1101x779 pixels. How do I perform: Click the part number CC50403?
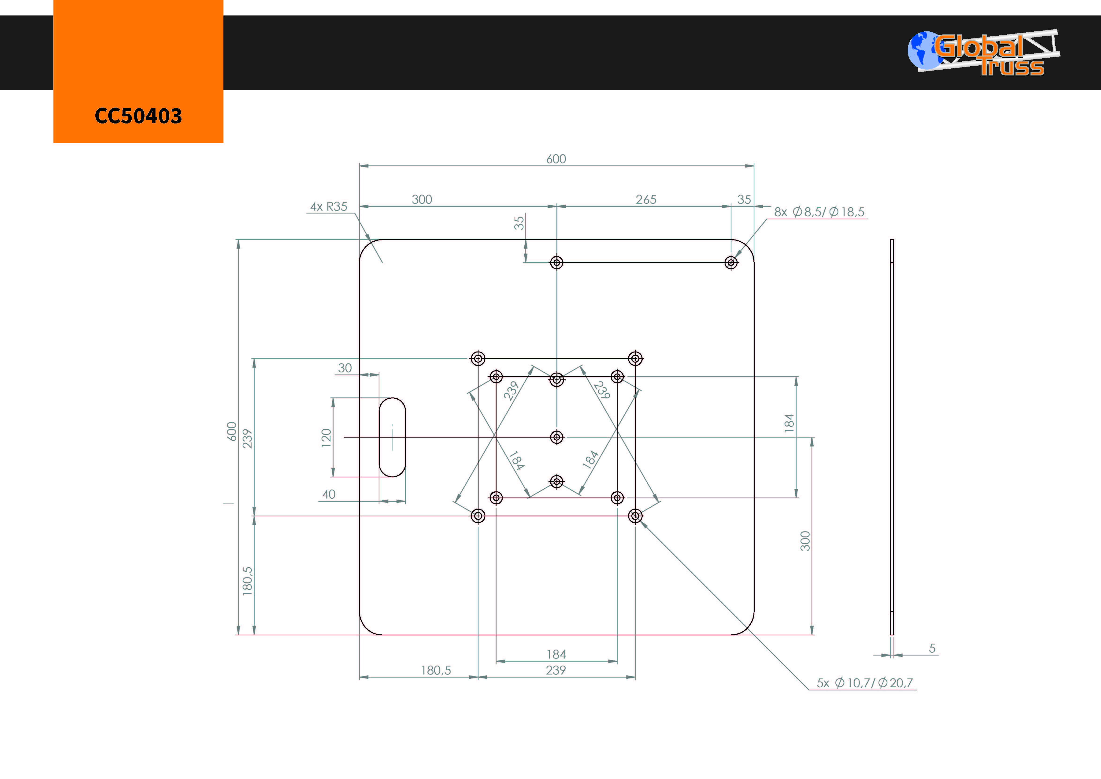138,116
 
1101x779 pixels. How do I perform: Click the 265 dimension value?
646,200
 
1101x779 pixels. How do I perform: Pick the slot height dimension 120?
326,438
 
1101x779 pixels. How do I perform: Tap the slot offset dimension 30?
345,368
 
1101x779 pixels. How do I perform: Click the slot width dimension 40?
329,494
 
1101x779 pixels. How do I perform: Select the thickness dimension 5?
932,648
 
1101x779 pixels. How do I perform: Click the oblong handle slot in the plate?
392,437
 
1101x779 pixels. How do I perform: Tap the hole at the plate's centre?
557,437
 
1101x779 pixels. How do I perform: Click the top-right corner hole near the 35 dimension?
731,262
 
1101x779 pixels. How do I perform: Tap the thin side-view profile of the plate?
892,437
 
